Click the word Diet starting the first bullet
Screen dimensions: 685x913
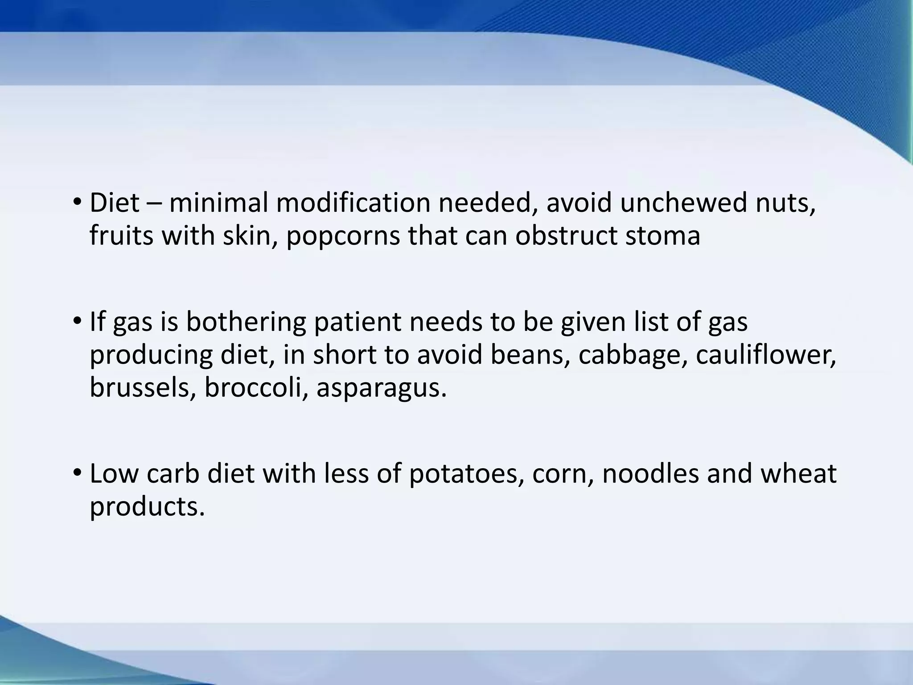click(x=115, y=203)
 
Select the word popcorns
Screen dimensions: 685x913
click(x=343, y=236)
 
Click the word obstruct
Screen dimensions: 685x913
click(x=566, y=235)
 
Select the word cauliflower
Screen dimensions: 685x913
click(x=765, y=355)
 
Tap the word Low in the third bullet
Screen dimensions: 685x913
click(x=114, y=474)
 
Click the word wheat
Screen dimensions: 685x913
click(x=798, y=474)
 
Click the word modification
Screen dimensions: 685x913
click(x=353, y=203)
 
